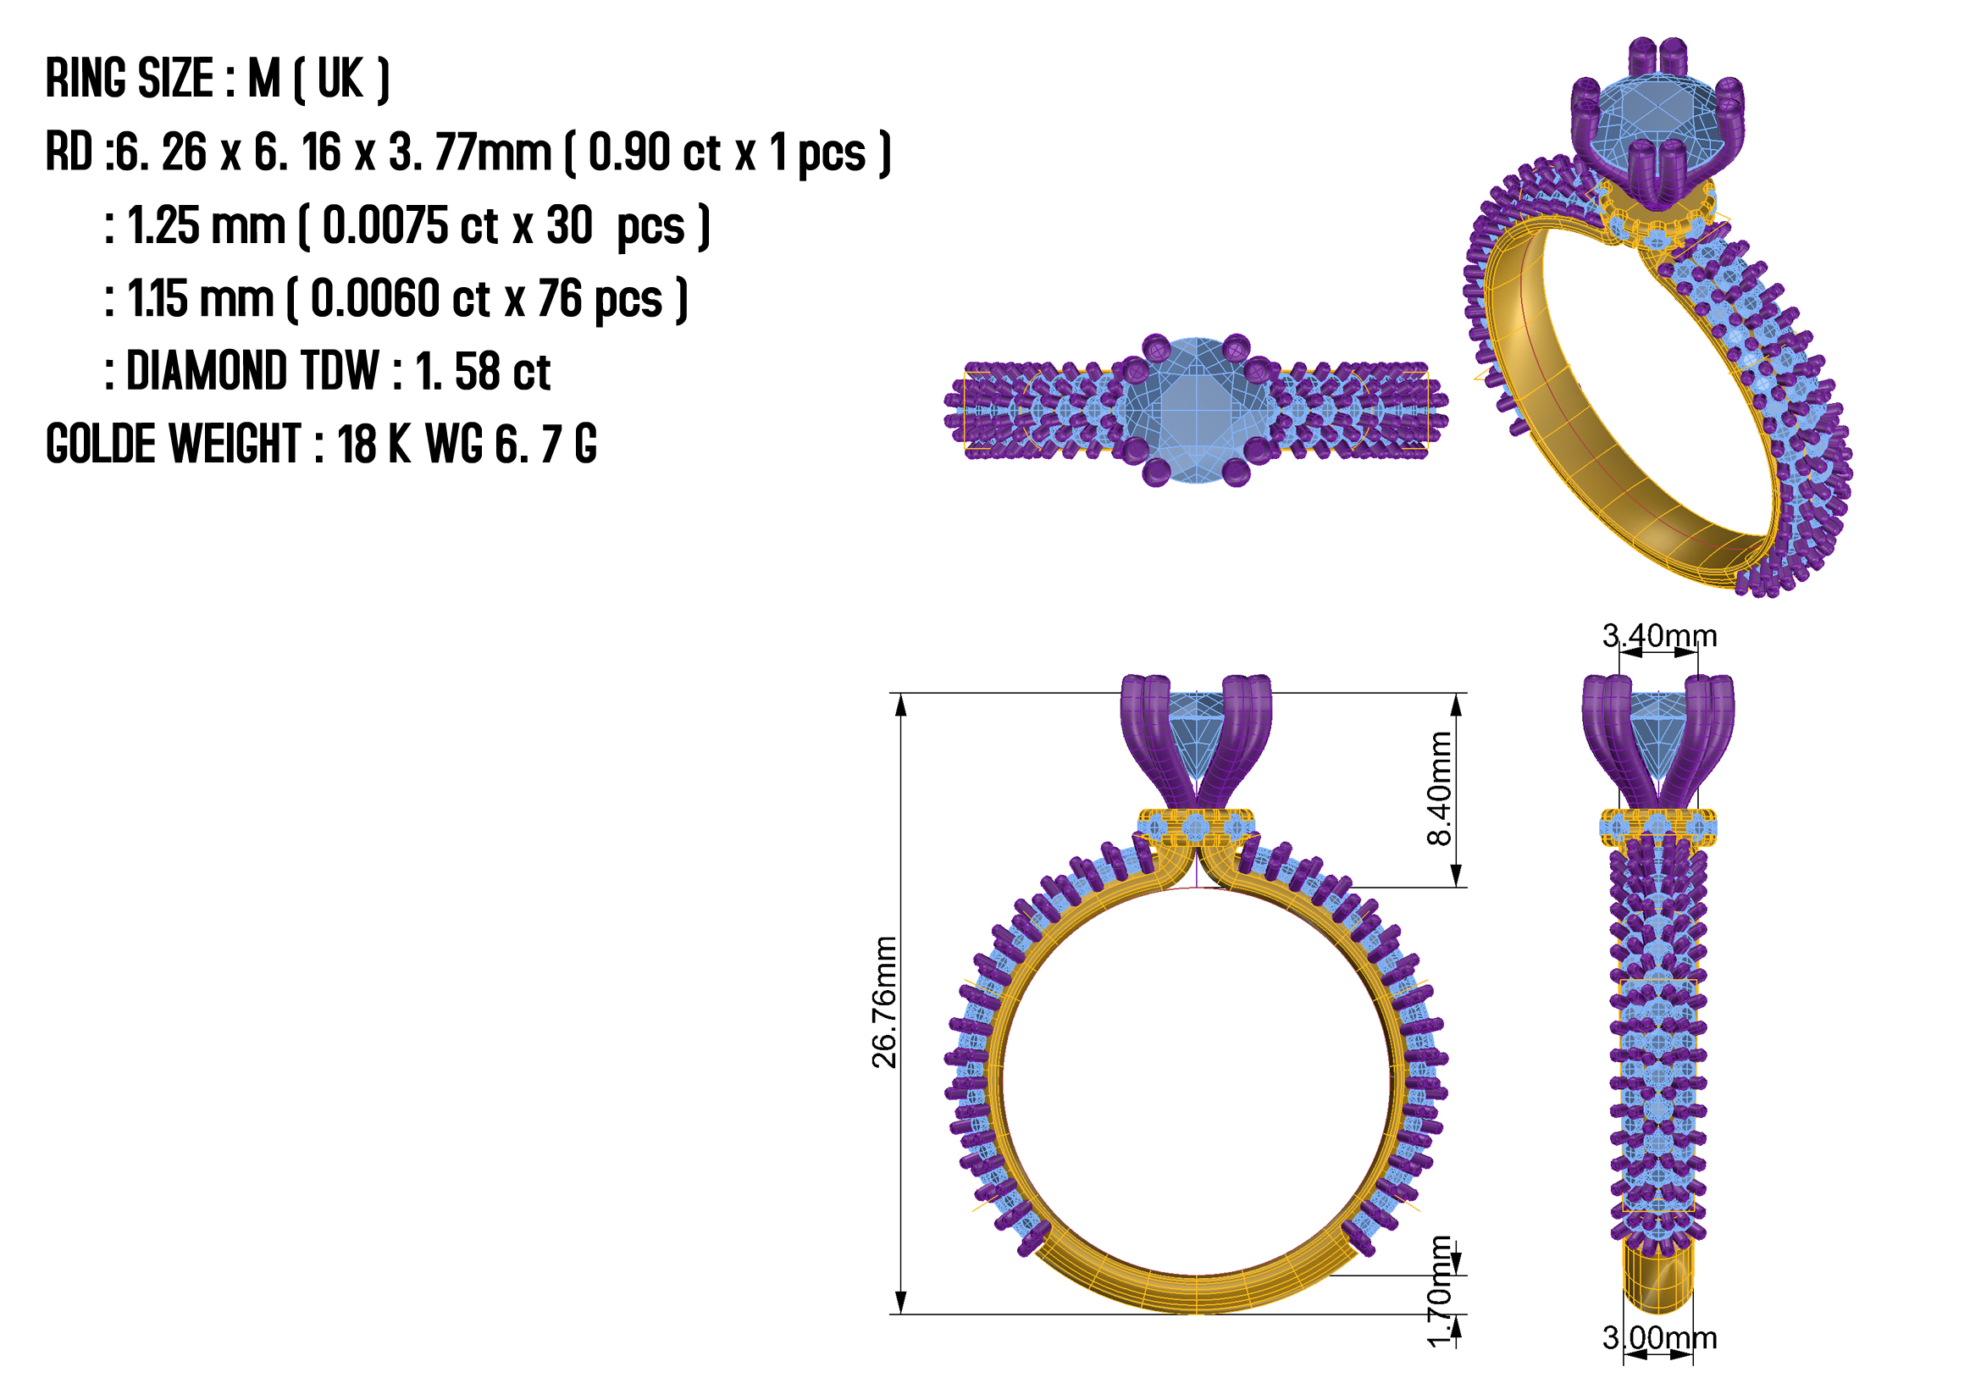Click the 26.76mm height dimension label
(x=883, y=1002)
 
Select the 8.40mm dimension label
(x=1438, y=789)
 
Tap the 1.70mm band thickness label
(x=1438, y=1292)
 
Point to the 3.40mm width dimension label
(x=1659, y=636)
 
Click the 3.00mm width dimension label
(x=1659, y=1338)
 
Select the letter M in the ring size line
(x=264, y=79)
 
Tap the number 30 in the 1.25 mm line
(x=569, y=225)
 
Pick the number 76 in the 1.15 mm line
(x=560, y=298)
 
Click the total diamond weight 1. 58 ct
(x=482, y=372)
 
